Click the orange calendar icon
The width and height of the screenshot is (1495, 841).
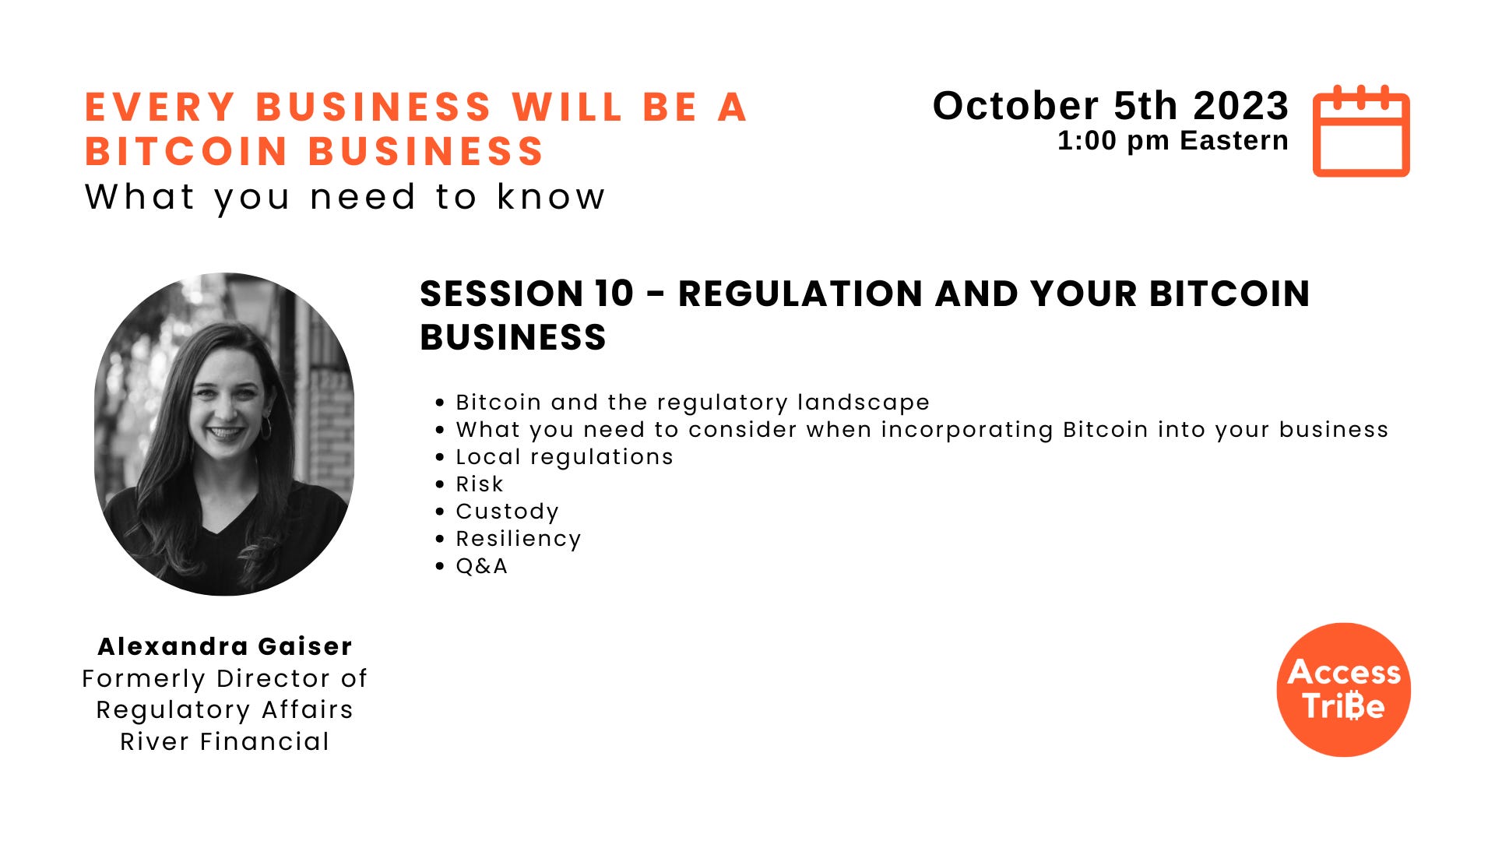[x=1361, y=132]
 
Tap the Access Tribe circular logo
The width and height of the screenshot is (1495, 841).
[x=1343, y=690]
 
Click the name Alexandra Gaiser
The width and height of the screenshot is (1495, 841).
[x=224, y=646]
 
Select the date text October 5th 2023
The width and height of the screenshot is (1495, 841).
[x=1110, y=106]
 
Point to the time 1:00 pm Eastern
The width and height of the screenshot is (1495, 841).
[x=1173, y=141]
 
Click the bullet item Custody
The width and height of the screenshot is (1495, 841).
[x=507, y=512]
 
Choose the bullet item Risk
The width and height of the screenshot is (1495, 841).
[x=480, y=484]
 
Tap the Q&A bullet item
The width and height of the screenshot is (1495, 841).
[x=481, y=566]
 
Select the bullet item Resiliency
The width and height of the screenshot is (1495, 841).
[x=519, y=539]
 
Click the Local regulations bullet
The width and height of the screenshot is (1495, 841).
[x=565, y=457]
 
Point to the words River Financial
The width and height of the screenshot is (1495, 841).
[x=224, y=741]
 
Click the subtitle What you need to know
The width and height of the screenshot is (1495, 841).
[x=345, y=197]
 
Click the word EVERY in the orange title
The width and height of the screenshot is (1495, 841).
[x=160, y=107]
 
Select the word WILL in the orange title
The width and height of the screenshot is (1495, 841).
[x=567, y=107]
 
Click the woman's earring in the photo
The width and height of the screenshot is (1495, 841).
[x=266, y=428]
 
